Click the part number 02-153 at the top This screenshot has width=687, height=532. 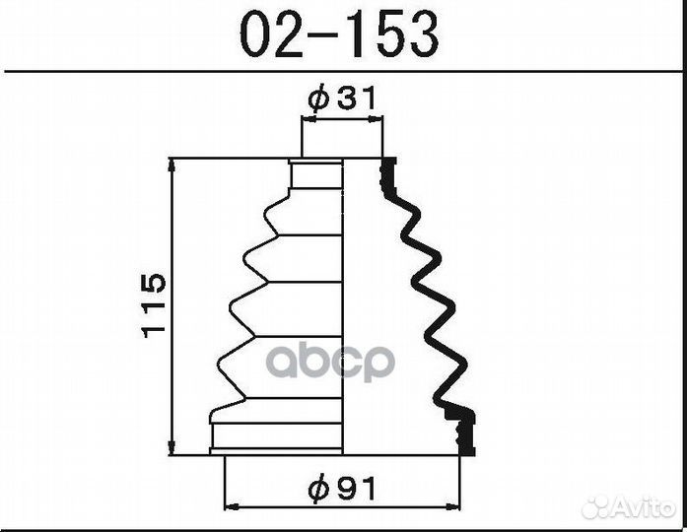pyautogui.click(x=339, y=34)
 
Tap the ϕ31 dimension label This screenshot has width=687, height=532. pyautogui.click(x=343, y=98)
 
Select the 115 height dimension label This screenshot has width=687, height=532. pyautogui.click(x=154, y=305)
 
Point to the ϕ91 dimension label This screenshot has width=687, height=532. pyautogui.click(x=343, y=489)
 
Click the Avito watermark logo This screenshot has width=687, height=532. pyautogui.click(x=629, y=508)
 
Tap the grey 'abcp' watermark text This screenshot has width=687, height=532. pyautogui.click(x=331, y=362)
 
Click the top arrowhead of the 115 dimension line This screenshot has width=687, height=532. pyautogui.click(x=172, y=166)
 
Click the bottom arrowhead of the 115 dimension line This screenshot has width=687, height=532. pyautogui.click(x=172, y=447)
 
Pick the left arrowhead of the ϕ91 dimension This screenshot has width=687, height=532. pyautogui.click(x=232, y=506)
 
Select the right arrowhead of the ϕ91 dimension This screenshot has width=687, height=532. pyautogui.click(x=452, y=506)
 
